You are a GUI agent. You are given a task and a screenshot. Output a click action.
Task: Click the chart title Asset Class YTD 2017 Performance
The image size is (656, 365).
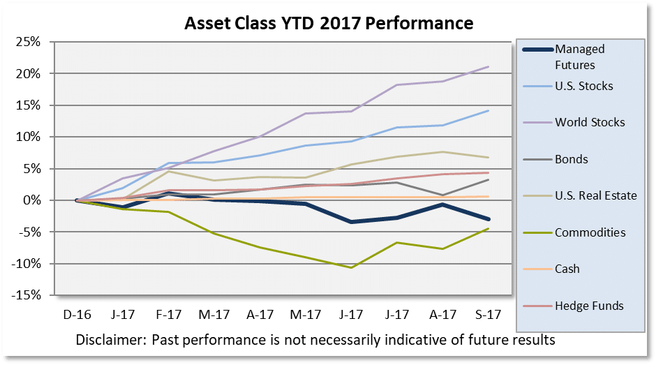329,23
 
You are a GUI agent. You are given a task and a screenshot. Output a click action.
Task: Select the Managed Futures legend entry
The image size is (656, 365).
579,57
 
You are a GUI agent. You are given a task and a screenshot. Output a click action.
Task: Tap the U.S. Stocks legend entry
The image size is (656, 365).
583,86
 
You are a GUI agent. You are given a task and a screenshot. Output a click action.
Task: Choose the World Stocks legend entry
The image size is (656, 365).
590,123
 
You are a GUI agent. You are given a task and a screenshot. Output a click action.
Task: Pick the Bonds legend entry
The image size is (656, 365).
571,159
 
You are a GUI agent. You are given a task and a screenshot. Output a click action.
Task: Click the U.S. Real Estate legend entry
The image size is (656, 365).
595,195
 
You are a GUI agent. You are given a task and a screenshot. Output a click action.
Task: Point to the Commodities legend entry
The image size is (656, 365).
590,232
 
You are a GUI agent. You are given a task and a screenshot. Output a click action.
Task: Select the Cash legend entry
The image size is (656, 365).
567,269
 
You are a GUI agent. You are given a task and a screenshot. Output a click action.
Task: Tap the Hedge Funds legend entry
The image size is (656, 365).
589,305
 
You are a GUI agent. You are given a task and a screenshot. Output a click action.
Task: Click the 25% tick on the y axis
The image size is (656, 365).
30,42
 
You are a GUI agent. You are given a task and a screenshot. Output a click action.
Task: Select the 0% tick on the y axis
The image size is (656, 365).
33,200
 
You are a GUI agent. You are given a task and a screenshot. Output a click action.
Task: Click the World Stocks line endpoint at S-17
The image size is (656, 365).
488,67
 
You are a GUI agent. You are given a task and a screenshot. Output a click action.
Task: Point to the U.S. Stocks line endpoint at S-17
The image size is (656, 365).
488,110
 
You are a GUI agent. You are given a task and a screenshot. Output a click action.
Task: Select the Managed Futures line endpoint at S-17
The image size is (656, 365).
488,219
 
